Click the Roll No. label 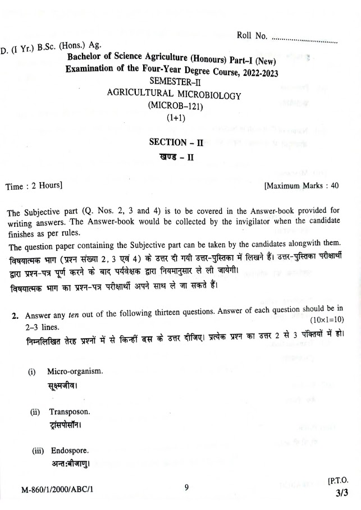tap(252, 35)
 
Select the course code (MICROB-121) tap(174, 106)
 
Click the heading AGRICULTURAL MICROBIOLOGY tap(174, 95)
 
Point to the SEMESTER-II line tap(174, 84)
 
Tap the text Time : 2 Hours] tap(33, 185)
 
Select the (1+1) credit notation tap(175, 118)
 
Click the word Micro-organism tap(75, 372)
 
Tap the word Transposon tap(70, 411)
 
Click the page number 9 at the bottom tap(186, 487)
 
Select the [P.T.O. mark tap(337, 481)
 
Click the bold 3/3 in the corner tap(342, 494)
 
